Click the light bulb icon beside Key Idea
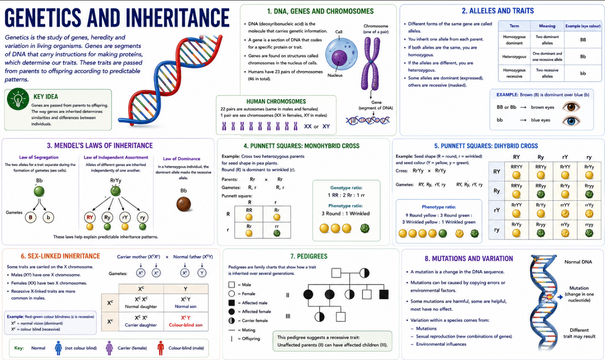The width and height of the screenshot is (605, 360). pyautogui.click(x=18, y=99)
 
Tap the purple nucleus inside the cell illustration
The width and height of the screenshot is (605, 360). pyautogui.click(x=339, y=57)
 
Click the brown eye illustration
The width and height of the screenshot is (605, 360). pyautogui.click(x=571, y=107)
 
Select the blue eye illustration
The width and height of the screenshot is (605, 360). pyautogui.click(x=571, y=120)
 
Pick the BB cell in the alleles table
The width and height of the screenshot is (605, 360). pyautogui.click(x=583, y=39)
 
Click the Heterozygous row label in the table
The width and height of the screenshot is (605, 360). pyautogui.click(x=514, y=56)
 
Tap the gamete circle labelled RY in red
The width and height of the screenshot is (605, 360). pyautogui.click(x=90, y=217)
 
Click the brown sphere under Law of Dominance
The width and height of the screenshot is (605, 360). pyautogui.click(x=184, y=204)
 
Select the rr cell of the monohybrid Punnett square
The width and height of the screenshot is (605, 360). pyautogui.click(x=276, y=230)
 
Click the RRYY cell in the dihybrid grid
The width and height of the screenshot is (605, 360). pyautogui.click(x=516, y=171)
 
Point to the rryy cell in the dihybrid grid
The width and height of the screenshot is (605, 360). pyautogui.click(x=589, y=229)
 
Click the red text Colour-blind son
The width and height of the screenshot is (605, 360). pyautogui.click(x=186, y=325)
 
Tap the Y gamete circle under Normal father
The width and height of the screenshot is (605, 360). pyautogui.click(x=202, y=273)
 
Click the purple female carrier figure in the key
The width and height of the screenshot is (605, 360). pyautogui.click(x=109, y=348)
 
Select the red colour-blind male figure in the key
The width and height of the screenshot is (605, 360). pyautogui.click(x=161, y=348)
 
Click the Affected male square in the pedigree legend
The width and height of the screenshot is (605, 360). pyautogui.click(x=231, y=302)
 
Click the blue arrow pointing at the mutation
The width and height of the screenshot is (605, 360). pyautogui.click(x=560, y=297)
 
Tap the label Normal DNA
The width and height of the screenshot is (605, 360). pyautogui.click(x=578, y=262)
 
